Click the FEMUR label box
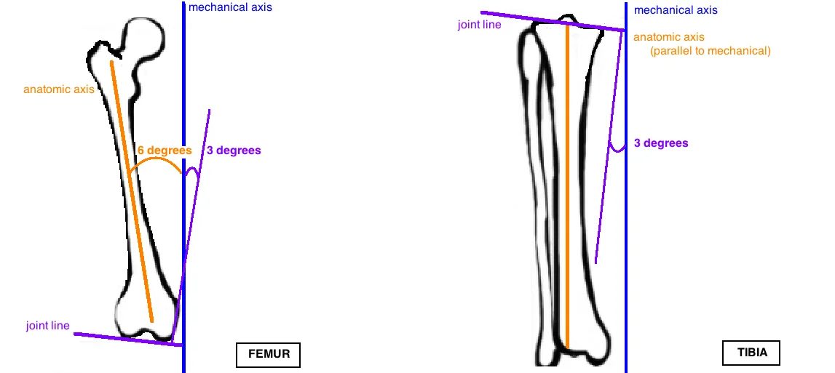268,355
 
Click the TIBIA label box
751,353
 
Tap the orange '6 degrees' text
164,151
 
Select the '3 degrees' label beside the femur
234,151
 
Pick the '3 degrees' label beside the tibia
661,143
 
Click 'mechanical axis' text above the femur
230,8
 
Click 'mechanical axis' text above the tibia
676,10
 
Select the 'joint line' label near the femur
48,326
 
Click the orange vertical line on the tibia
567,182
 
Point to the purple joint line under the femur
124,339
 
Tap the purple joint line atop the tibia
553,21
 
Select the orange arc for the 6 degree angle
154,159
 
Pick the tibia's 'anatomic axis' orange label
669,37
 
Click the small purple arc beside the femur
192,172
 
